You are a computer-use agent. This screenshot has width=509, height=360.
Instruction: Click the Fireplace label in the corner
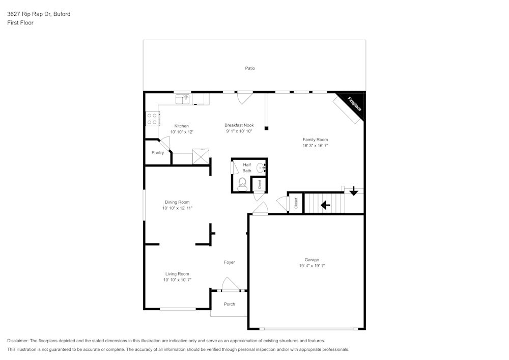(354, 104)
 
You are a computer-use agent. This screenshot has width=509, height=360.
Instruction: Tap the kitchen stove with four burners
(152, 119)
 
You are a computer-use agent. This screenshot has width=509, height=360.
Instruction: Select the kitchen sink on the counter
(183, 98)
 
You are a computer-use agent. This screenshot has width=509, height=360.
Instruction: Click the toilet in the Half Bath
(242, 184)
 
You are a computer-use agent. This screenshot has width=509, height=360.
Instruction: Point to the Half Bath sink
(261, 167)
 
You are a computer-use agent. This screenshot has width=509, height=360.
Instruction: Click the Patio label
(250, 68)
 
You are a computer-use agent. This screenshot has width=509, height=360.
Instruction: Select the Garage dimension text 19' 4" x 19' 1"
(312, 266)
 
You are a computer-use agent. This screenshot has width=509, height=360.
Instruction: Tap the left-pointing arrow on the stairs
(325, 205)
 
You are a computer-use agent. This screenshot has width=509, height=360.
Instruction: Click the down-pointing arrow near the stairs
(354, 192)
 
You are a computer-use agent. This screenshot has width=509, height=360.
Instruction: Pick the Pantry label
(158, 153)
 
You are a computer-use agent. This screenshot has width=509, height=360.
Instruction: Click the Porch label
(230, 304)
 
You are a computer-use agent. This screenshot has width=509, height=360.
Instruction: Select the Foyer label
(230, 262)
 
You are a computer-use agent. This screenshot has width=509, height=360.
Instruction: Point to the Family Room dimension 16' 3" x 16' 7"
(315, 146)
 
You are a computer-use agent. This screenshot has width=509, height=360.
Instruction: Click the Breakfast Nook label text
(239, 125)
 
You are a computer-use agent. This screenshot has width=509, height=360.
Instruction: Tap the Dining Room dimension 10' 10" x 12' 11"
(177, 208)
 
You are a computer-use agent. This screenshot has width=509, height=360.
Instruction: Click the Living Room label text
(177, 274)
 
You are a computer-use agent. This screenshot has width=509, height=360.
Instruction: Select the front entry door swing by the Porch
(230, 285)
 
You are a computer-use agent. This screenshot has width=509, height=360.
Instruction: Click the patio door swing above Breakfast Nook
(245, 97)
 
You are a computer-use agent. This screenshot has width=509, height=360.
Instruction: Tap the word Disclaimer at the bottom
(18, 341)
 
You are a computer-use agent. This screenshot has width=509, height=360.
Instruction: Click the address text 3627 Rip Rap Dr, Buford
(39, 14)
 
